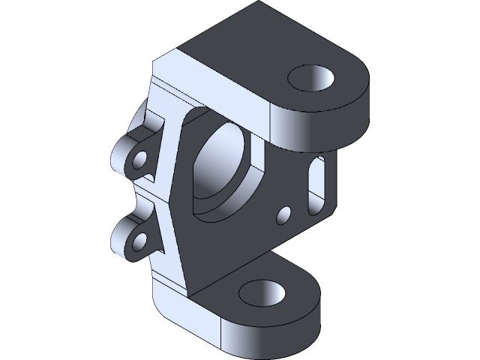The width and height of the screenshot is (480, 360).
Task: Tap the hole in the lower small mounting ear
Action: point(139,242)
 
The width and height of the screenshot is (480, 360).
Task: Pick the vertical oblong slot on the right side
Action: point(316,184)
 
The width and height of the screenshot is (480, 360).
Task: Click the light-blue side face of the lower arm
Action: point(187,315)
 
